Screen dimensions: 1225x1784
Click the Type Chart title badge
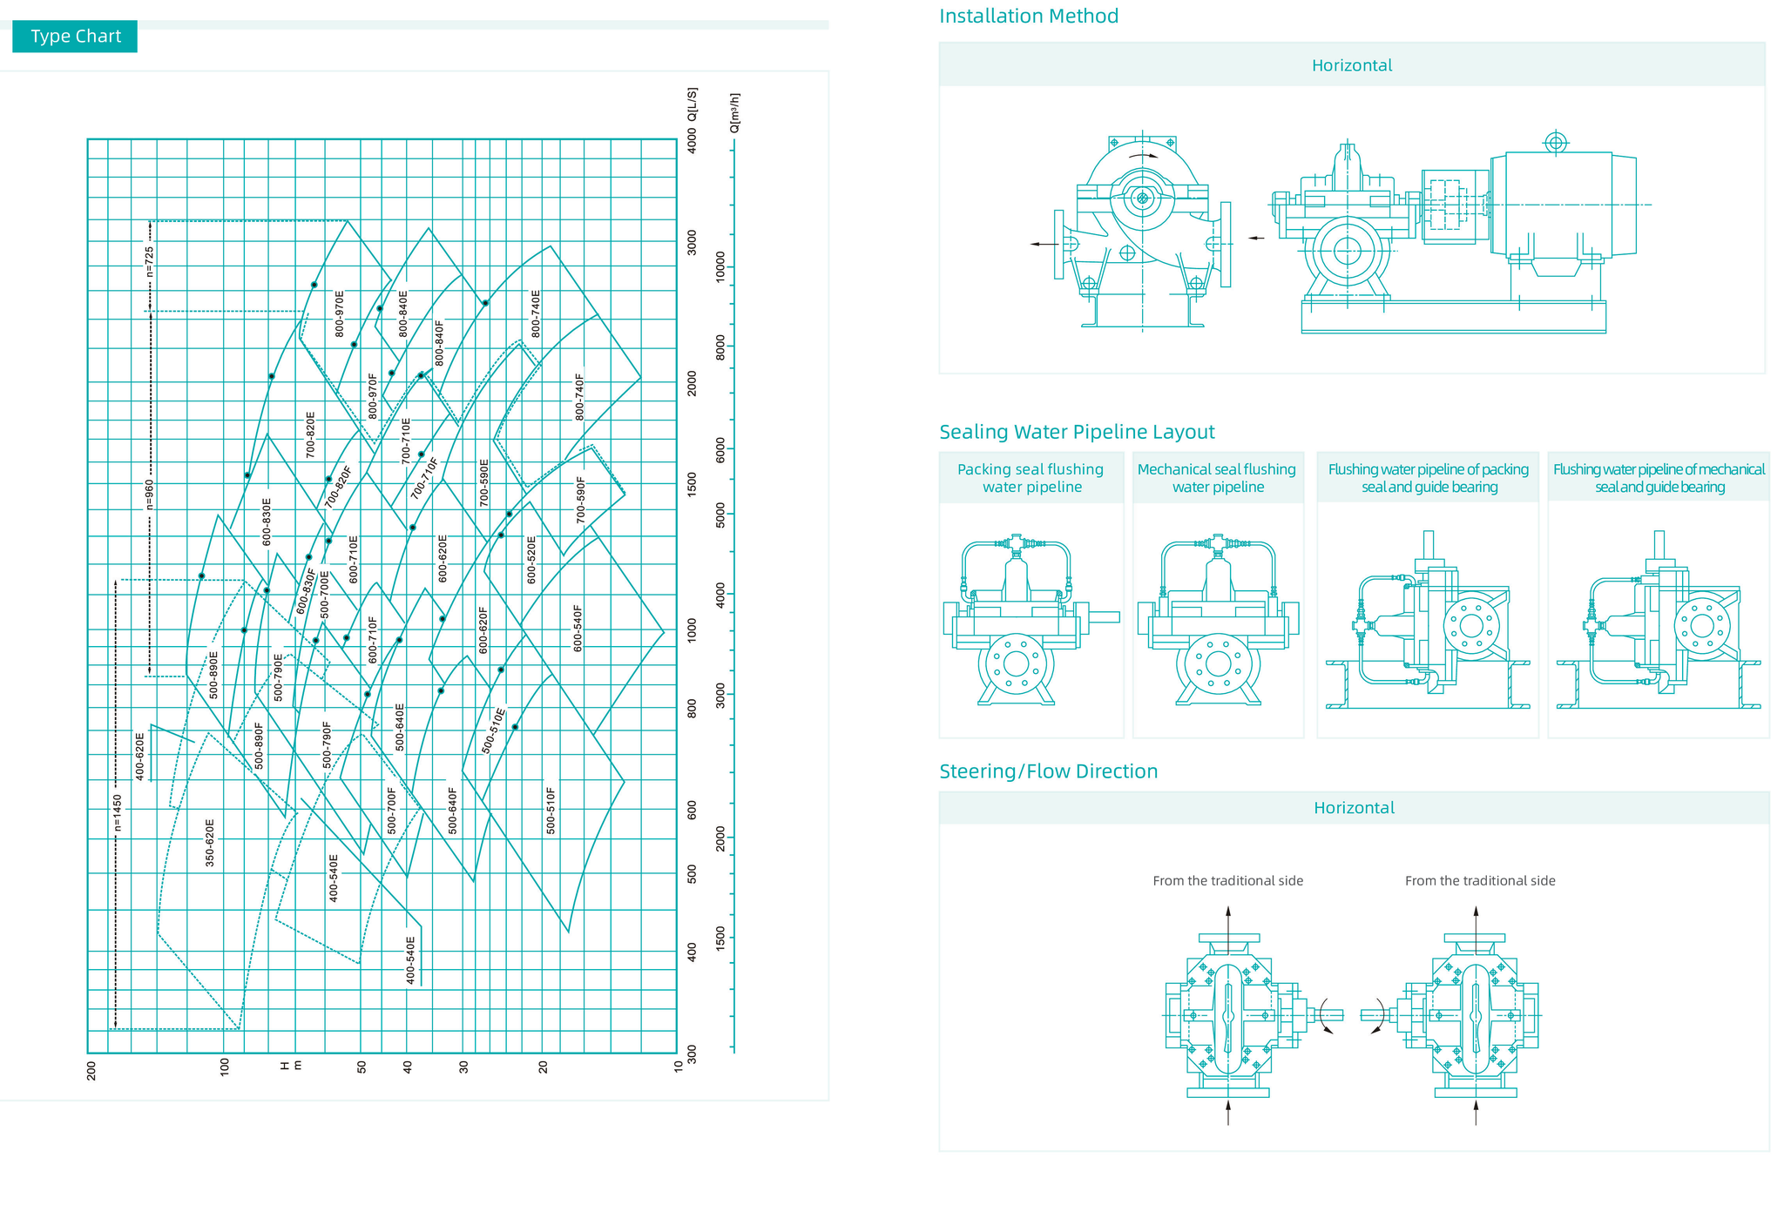pyautogui.click(x=75, y=37)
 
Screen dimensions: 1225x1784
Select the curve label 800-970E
pyautogui.click(x=340, y=313)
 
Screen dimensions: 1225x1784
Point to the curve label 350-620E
pyautogui.click(x=210, y=842)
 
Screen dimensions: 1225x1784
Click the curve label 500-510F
pyautogui.click(x=551, y=811)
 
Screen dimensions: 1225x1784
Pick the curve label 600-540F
pyautogui.click(x=578, y=628)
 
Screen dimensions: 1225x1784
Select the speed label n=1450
pyautogui.click(x=118, y=812)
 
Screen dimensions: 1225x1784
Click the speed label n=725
pyautogui.click(x=149, y=262)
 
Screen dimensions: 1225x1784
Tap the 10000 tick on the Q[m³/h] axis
pyautogui.click(x=720, y=267)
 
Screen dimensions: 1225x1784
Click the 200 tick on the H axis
pyautogui.click(x=91, y=1069)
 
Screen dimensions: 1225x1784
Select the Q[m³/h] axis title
pyautogui.click(x=734, y=112)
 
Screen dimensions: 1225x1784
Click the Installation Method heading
pyautogui.click(x=1028, y=16)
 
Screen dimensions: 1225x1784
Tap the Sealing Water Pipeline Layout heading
pyautogui.click(x=1077, y=432)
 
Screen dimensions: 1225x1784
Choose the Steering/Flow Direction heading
pyautogui.click(x=1048, y=771)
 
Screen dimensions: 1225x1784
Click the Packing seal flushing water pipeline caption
pyautogui.click(x=1031, y=478)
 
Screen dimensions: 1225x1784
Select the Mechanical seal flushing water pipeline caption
pyautogui.click(x=1217, y=478)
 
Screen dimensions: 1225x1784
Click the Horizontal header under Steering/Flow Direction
pyautogui.click(x=1354, y=808)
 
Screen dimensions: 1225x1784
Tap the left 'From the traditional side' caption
pyautogui.click(x=1227, y=881)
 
